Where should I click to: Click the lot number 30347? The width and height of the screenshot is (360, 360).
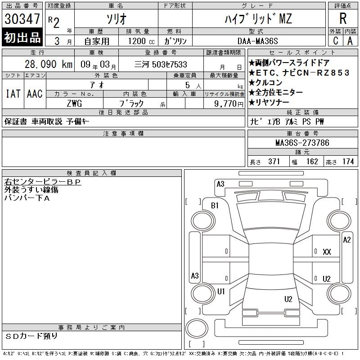pos(22,18)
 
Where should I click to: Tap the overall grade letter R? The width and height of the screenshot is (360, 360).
pos(343,18)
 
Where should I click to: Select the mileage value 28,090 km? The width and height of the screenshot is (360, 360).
pos(49,64)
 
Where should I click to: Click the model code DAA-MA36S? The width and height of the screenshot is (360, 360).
pos(257,41)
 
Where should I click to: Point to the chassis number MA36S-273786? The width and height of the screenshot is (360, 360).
pos(302,143)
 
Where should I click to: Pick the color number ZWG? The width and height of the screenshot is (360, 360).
pos(74,103)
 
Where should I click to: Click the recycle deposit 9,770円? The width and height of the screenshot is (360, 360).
pos(229,103)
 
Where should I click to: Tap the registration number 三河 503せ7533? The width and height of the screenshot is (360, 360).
pos(161,64)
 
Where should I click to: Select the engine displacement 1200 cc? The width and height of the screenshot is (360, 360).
pos(141,41)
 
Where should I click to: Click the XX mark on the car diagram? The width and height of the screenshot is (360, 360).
pos(327,252)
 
